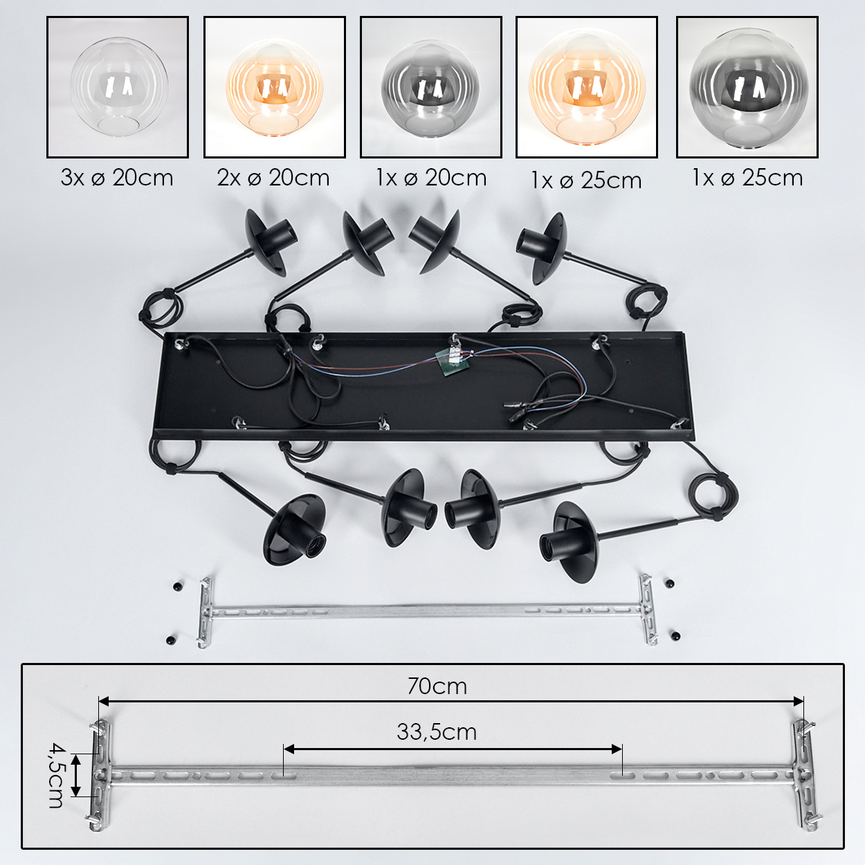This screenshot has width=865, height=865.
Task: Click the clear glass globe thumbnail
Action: (x=119, y=87)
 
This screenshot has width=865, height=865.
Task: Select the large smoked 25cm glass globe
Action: (x=747, y=87)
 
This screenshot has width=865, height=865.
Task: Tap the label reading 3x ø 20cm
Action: (x=117, y=179)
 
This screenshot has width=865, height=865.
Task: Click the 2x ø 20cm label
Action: (x=273, y=179)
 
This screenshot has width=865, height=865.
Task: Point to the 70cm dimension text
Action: (x=437, y=686)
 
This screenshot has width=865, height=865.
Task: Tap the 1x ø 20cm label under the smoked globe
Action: (x=431, y=179)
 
